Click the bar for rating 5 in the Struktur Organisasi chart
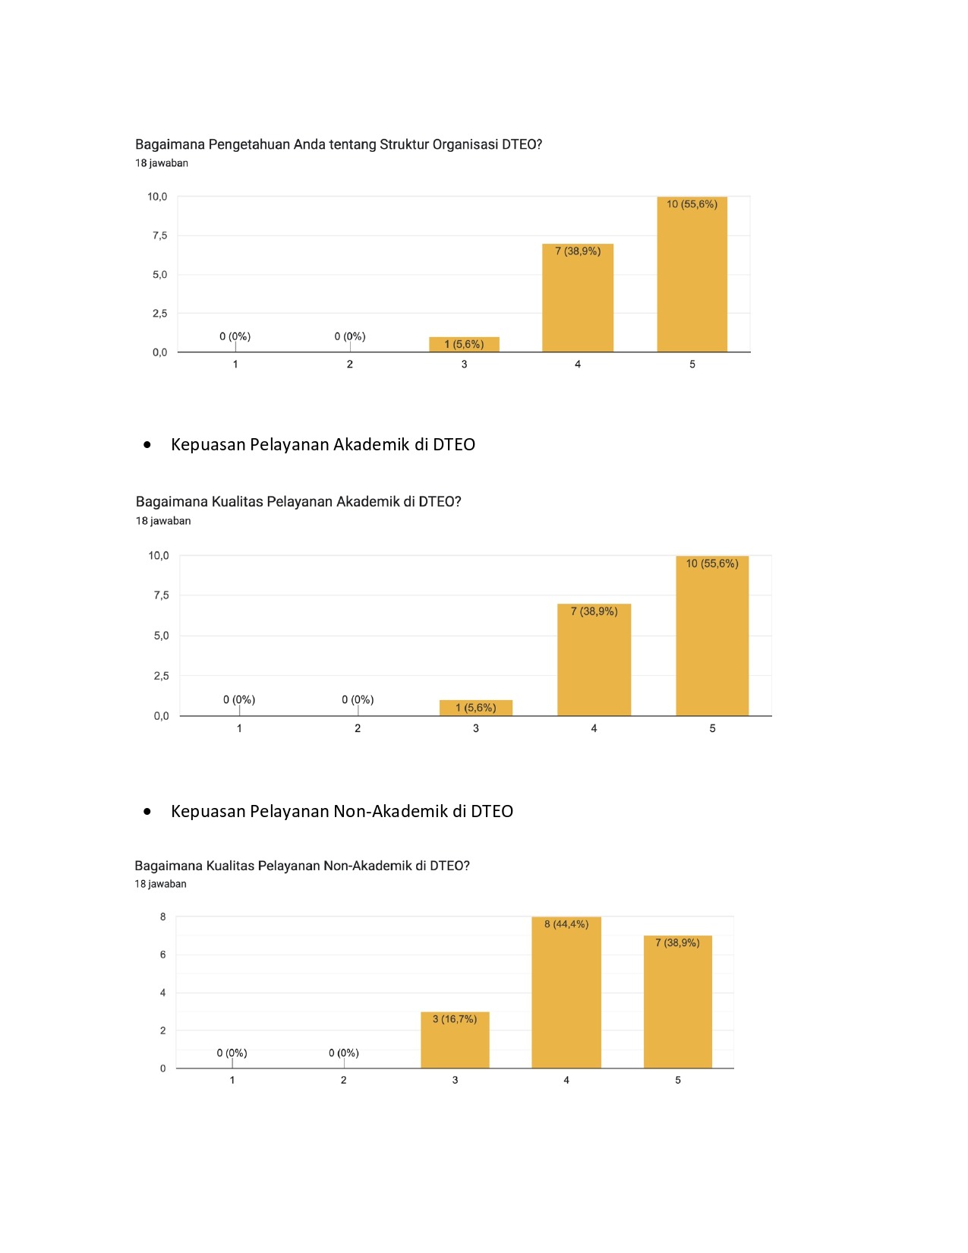click(x=692, y=274)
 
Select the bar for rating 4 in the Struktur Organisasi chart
click(x=578, y=298)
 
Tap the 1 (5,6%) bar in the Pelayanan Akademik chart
click(x=475, y=708)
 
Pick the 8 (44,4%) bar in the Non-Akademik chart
click(x=566, y=992)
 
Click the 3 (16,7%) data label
click(x=455, y=1019)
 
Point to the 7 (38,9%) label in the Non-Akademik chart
click(x=677, y=942)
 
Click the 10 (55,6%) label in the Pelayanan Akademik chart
click(x=712, y=563)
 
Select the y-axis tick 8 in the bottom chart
click(x=163, y=917)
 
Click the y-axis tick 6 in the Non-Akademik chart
click(x=163, y=955)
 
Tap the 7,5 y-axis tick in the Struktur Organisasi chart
click(x=159, y=235)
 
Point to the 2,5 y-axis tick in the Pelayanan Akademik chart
click(x=162, y=676)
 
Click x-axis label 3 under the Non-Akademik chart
click(x=455, y=1080)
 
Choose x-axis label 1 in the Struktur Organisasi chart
click(x=235, y=365)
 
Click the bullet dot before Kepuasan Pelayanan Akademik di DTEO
click(x=147, y=444)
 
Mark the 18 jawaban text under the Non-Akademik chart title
click(x=160, y=884)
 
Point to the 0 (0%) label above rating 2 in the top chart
click(x=350, y=336)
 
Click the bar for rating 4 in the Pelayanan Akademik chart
click(x=594, y=660)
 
